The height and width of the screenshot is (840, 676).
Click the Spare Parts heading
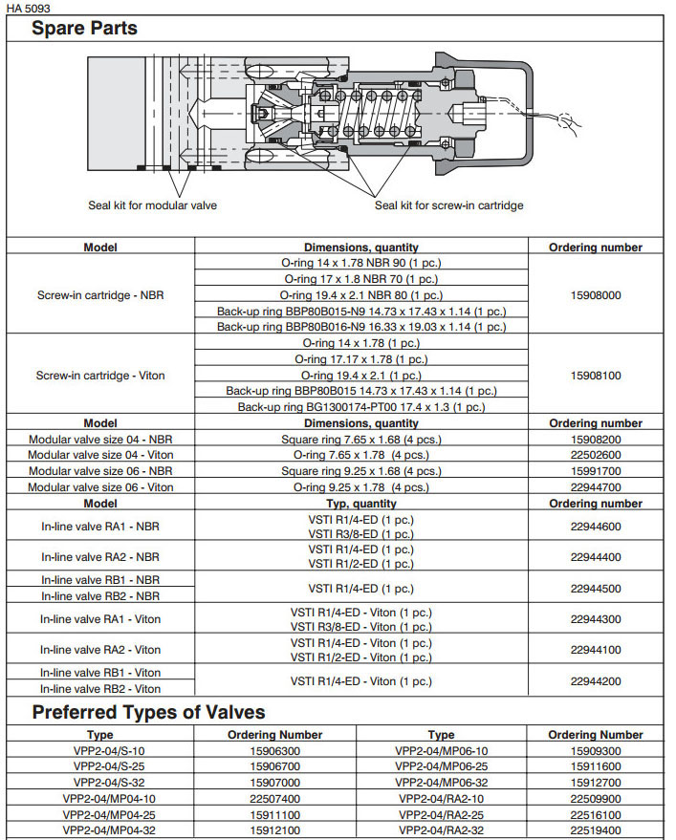coord(84,28)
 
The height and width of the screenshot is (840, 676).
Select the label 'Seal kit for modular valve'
coord(153,205)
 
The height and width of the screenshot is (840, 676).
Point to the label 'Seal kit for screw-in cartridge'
coord(448,205)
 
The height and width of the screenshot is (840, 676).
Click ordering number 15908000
coord(596,295)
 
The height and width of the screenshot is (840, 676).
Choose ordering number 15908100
coord(596,376)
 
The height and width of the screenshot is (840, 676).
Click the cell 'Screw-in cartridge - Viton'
coord(100,376)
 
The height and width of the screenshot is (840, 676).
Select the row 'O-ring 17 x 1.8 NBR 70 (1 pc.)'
coord(361,279)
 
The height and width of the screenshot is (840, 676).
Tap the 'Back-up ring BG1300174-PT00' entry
coord(361,407)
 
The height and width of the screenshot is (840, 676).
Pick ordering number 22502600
coord(596,455)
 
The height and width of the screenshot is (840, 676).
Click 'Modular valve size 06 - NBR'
coord(100,471)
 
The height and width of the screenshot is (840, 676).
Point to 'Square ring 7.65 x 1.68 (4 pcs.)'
coord(361,439)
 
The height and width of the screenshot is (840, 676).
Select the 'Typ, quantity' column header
coord(361,504)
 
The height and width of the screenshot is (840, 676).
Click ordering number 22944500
coord(596,589)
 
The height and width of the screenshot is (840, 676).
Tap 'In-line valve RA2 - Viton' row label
coord(100,650)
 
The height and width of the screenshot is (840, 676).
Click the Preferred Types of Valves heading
coord(148,712)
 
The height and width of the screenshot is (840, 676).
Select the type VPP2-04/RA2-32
coord(441,830)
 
